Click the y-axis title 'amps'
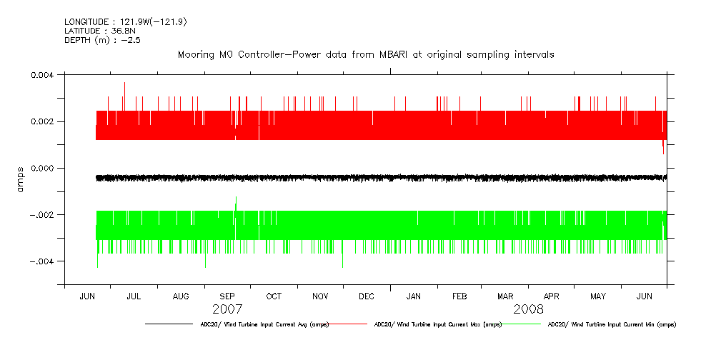tap(21, 179)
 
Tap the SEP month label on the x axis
tap(227, 296)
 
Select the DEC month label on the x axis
tap(367, 296)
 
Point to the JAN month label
tap(413, 296)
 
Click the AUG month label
tap(182, 296)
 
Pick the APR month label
tap(552, 296)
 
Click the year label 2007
tap(227, 310)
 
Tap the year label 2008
tap(529, 310)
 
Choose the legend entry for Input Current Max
tap(437, 324)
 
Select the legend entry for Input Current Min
tap(611, 324)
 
